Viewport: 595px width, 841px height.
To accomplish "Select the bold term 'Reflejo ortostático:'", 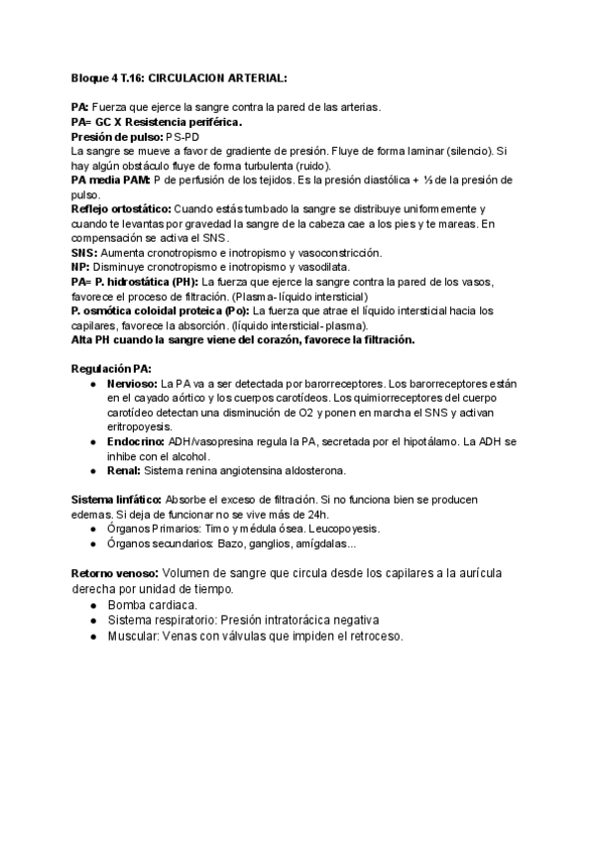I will (121, 209).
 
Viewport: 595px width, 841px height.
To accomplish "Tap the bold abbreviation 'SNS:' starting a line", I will (85, 253).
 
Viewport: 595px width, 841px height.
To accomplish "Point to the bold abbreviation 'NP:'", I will (80, 268).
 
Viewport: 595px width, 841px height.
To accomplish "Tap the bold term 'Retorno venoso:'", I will (114, 573).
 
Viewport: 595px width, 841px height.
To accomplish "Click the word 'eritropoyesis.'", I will (143, 426).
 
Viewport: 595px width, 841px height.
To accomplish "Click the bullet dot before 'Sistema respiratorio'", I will (91, 620).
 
